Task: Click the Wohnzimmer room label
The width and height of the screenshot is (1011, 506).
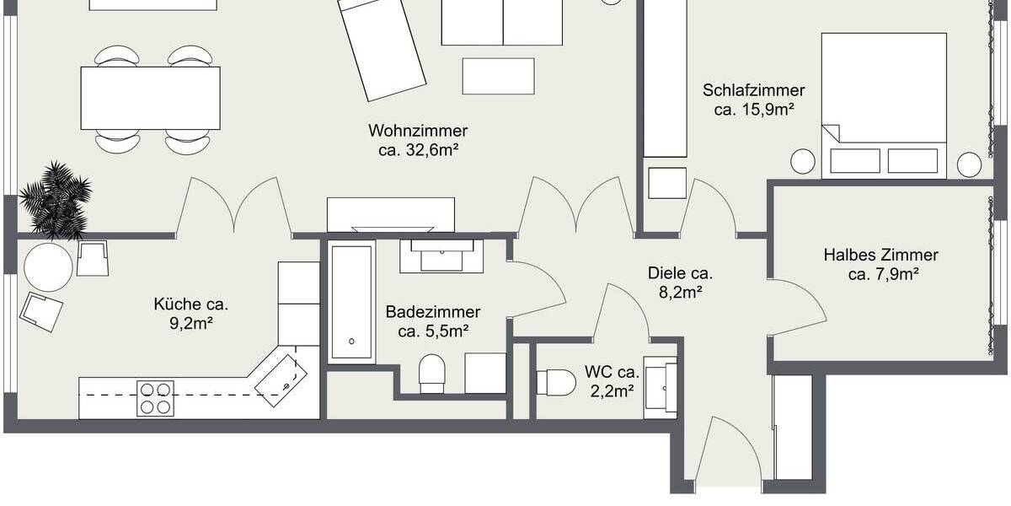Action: click(418, 132)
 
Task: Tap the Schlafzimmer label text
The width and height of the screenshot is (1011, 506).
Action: click(754, 90)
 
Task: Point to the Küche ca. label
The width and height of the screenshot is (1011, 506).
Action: click(191, 304)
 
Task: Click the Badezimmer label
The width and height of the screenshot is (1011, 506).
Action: click(433, 312)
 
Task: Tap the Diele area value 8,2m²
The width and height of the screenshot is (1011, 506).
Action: click(681, 293)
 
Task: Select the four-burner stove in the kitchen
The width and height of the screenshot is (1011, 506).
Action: click(155, 397)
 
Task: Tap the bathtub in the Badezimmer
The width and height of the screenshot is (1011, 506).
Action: click(350, 303)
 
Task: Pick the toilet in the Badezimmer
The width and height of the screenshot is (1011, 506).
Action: click(432, 373)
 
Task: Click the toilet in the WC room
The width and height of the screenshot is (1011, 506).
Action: click(555, 382)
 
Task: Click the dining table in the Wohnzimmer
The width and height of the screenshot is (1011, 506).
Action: click(151, 98)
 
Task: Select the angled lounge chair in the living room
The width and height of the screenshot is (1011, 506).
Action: click(382, 48)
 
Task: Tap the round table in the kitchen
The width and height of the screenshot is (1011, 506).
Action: click(48, 267)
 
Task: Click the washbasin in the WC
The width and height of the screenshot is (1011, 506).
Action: click(661, 386)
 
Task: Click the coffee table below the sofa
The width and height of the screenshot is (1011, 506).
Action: click(498, 76)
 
